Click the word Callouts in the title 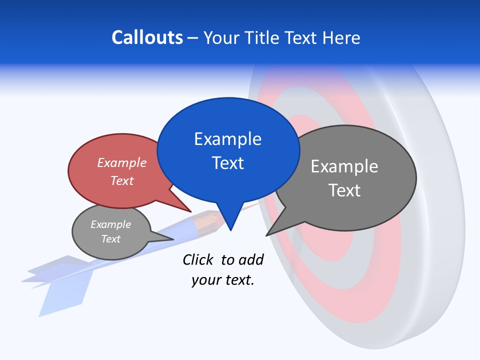[x=147, y=37]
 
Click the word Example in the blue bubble [x=227, y=138]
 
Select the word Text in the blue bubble [x=227, y=163]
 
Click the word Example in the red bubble [x=121, y=162]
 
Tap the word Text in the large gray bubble [x=344, y=190]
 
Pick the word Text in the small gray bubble [x=110, y=239]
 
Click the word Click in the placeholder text [x=199, y=259]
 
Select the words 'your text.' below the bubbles [x=222, y=280]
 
